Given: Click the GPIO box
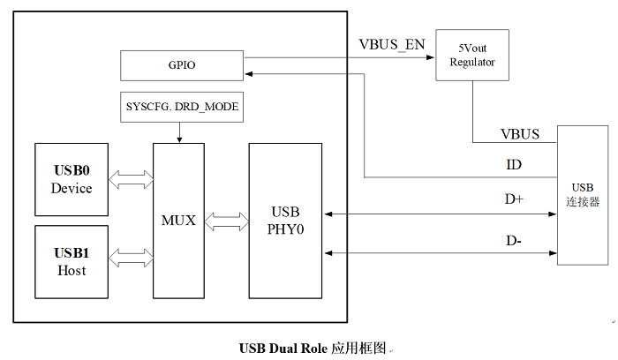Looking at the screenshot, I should pos(181,64).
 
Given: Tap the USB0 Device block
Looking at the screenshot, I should pos(72,179).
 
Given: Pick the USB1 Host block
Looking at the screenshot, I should pos(72,261).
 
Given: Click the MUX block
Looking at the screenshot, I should pos(179,220).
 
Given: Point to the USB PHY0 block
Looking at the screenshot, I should pos(284,220).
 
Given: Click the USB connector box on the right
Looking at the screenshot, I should pos(583,195).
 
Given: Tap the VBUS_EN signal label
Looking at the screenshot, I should pos(391,45).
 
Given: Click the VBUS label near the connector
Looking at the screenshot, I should pos(521,134).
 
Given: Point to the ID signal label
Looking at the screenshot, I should pos(513,166).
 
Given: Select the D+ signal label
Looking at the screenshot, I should pos(514,199).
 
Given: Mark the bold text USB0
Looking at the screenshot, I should pos(72,170).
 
